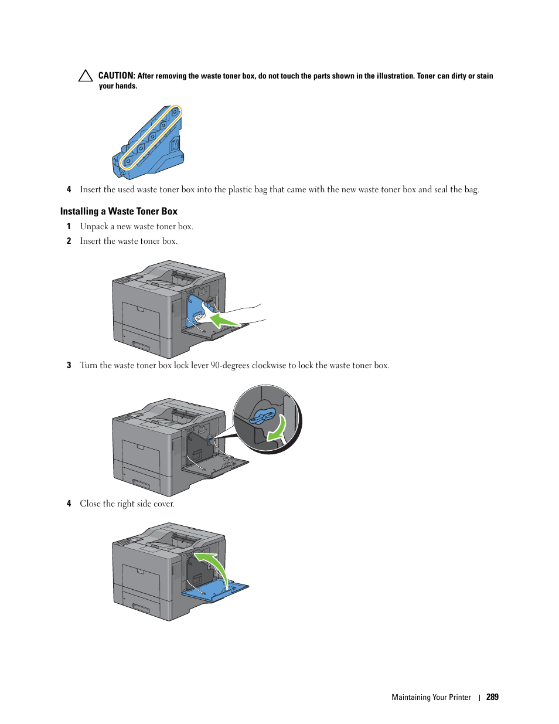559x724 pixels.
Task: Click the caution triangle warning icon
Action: [86, 76]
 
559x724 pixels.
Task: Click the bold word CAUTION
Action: [117, 76]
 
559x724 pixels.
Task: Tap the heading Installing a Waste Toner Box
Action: [118, 211]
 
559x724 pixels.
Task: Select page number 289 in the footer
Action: [492, 697]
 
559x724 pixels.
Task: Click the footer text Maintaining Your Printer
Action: [431, 697]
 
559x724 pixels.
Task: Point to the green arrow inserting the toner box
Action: [224, 320]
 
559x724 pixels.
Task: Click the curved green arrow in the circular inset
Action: [277, 428]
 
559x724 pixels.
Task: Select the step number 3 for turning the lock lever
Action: [69, 365]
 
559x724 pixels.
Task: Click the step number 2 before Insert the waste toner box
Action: [69, 241]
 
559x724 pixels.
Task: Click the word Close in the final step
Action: [90, 504]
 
